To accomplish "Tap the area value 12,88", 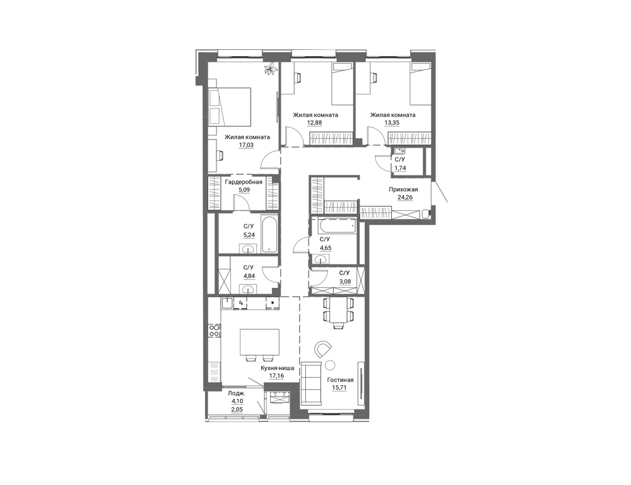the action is [x=315, y=123].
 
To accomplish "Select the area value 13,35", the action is [x=392, y=123].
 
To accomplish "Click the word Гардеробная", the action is [x=244, y=182].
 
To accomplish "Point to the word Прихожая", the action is [x=403, y=189].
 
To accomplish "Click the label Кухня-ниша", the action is [x=277, y=368].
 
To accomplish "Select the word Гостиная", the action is [x=341, y=380].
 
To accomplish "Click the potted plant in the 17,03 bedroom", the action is [x=270, y=68].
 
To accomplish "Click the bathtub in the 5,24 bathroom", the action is [x=269, y=234].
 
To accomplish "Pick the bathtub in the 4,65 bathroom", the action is [x=337, y=226].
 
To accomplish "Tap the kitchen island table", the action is [x=259, y=342].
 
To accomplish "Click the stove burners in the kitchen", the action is [x=214, y=331].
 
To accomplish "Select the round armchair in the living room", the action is [x=324, y=349].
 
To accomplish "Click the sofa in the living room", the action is [x=312, y=383].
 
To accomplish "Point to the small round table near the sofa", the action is [x=330, y=365].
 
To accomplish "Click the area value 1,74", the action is [x=400, y=168].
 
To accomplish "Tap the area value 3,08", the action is [x=345, y=282].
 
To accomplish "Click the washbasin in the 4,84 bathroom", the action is [x=248, y=288].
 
